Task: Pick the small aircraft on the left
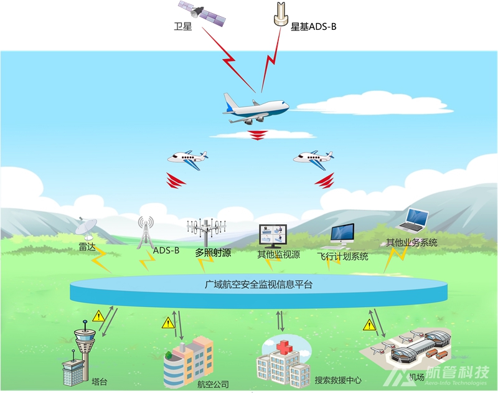coord(187,157)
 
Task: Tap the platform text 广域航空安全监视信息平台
coord(259,285)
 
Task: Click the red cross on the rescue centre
coord(284,345)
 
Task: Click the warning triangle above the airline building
coord(167,323)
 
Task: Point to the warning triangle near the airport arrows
coord(370,324)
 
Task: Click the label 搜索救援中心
coord(338,380)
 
